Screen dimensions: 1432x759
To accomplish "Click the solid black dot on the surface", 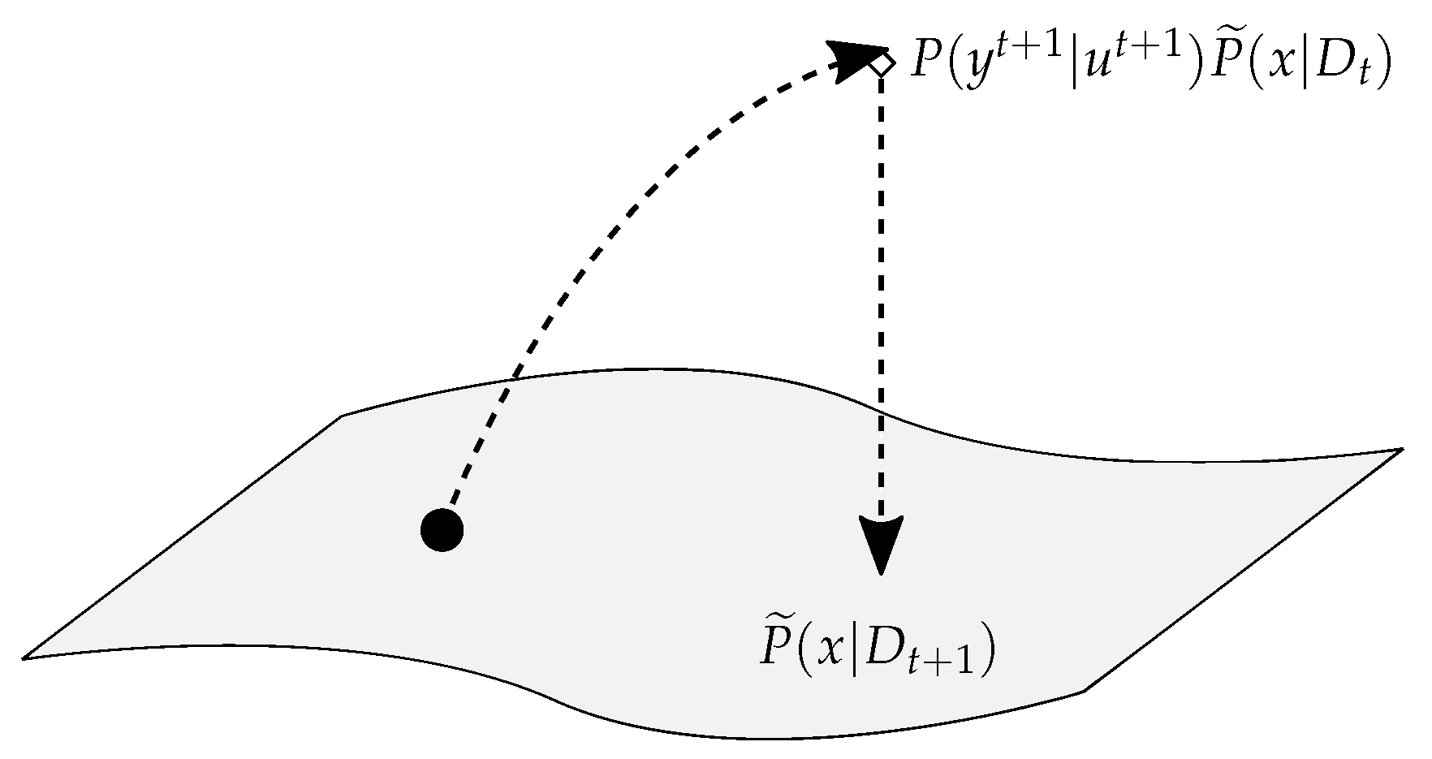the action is click(x=442, y=531).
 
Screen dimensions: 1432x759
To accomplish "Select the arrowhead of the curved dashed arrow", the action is click(x=856, y=58).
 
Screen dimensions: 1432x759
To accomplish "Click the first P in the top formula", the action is click(x=925, y=62).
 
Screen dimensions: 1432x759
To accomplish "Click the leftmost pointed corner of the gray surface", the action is click(x=24, y=658).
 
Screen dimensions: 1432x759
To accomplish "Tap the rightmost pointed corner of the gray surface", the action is click(x=1402, y=450).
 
